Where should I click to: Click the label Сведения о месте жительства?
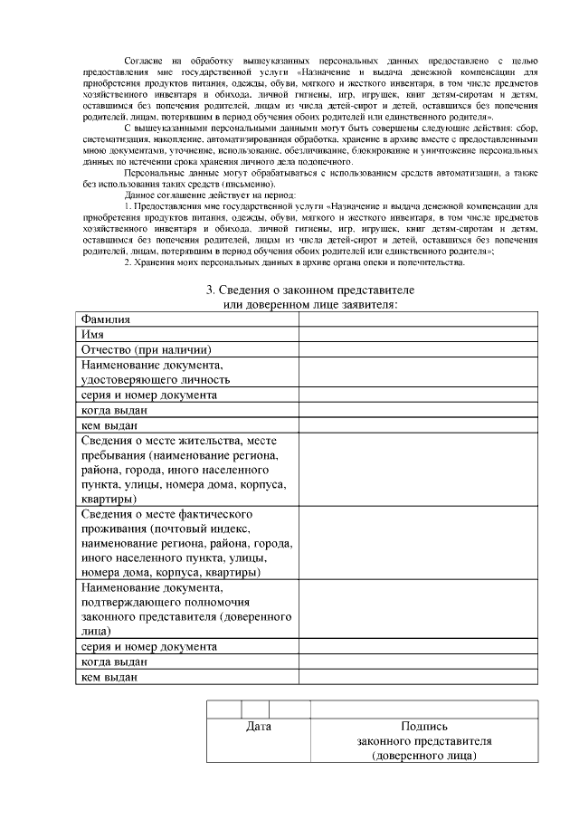pyautogui.click(x=162, y=440)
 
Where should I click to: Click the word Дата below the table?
pyautogui.click(x=259, y=726)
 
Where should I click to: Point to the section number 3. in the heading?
pyautogui.click(x=211, y=290)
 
